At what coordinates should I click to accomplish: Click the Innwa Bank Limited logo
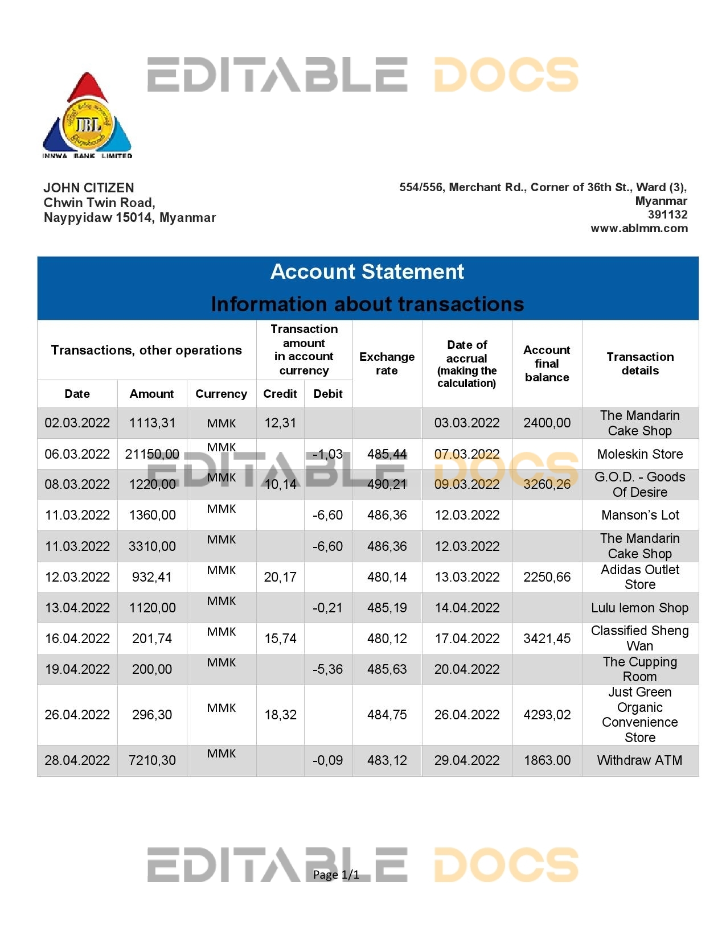(x=87, y=117)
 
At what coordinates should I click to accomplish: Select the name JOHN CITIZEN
(x=89, y=188)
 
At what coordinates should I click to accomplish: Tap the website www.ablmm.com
(x=639, y=229)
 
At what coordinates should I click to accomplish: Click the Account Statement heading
(x=367, y=272)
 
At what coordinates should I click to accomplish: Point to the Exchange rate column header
(x=387, y=364)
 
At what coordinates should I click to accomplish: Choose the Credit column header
(x=280, y=394)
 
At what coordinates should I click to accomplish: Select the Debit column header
(x=328, y=394)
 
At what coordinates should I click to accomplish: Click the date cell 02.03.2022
(x=77, y=423)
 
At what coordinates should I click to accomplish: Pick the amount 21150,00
(x=152, y=454)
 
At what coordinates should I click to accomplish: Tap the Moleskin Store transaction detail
(x=640, y=454)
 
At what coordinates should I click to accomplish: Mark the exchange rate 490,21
(x=387, y=484)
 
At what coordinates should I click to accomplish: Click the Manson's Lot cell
(x=640, y=515)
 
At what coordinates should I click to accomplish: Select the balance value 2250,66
(x=547, y=577)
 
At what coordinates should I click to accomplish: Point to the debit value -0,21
(x=328, y=608)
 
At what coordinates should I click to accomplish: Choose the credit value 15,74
(x=280, y=639)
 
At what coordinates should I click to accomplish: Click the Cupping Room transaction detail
(x=640, y=669)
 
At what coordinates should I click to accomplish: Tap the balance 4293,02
(x=547, y=715)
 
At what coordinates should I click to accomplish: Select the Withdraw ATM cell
(x=640, y=760)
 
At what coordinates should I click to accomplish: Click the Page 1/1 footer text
(x=336, y=875)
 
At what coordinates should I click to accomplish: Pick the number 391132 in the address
(x=667, y=215)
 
